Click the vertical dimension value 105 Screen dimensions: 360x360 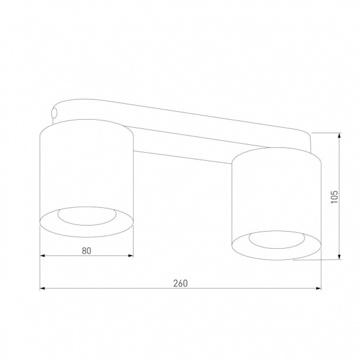click(x=334, y=196)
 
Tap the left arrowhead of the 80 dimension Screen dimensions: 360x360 click(x=42, y=256)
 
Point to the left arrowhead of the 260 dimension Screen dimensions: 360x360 click(x=42, y=288)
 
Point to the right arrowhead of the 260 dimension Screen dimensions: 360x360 click(x=319, y=288)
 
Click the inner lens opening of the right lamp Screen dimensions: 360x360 click(x=277, y=239)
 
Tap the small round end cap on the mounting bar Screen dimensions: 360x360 click(x=54, y=112)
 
